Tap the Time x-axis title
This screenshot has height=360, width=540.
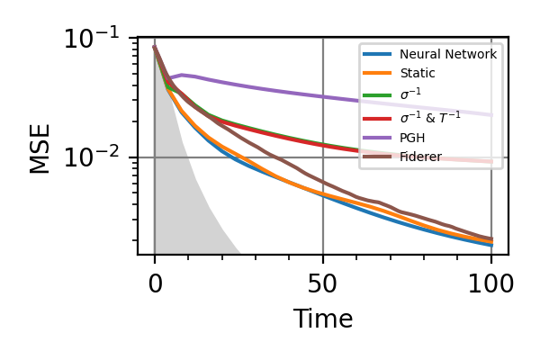tap(322, 319)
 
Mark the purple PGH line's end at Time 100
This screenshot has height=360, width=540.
tap(491, 114)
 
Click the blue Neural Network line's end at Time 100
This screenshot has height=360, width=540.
tap(491, 245)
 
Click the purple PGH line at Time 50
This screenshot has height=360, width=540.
tap(323, 95)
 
